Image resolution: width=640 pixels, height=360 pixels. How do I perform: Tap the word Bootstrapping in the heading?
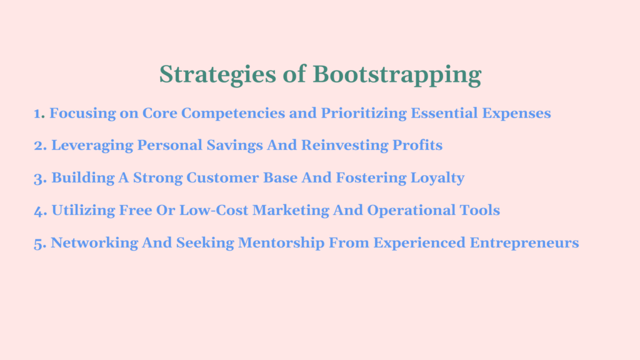[x=397, y=75]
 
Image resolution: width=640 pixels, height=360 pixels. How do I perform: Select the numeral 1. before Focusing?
[x=39, y=114]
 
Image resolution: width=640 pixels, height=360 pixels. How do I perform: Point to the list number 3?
[x=41, y=179]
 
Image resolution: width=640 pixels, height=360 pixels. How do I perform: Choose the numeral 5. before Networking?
[x=40, y=244]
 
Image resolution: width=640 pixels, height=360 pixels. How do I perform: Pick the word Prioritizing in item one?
[x=364, y=114]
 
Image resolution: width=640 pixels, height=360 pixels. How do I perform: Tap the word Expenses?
[x=516, y=114]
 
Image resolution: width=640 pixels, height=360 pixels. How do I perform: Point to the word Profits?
[x=417, y=145]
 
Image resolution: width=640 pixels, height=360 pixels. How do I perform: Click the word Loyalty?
[x=437, y=178]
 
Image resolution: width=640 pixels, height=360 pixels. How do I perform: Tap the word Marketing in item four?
[x=291, y=211]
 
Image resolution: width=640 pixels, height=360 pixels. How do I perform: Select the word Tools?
[x=480, y=210]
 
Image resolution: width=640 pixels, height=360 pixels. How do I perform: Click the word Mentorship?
[x=281, y=243]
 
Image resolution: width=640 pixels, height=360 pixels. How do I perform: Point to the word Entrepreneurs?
[x=524, y=243]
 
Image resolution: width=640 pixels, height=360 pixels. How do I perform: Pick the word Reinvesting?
[x=345, y=146]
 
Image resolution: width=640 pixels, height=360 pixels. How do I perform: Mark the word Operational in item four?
[x=411, y=211]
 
